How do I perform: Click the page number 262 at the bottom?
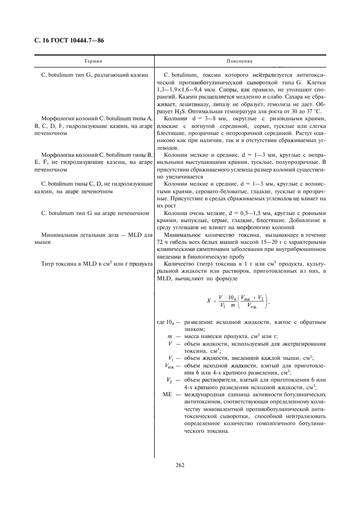(180, 464)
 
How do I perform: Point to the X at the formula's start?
(209, 300)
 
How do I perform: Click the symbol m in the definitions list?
(170, 336)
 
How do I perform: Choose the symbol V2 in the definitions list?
(170, 379)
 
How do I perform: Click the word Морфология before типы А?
(59, 118)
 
